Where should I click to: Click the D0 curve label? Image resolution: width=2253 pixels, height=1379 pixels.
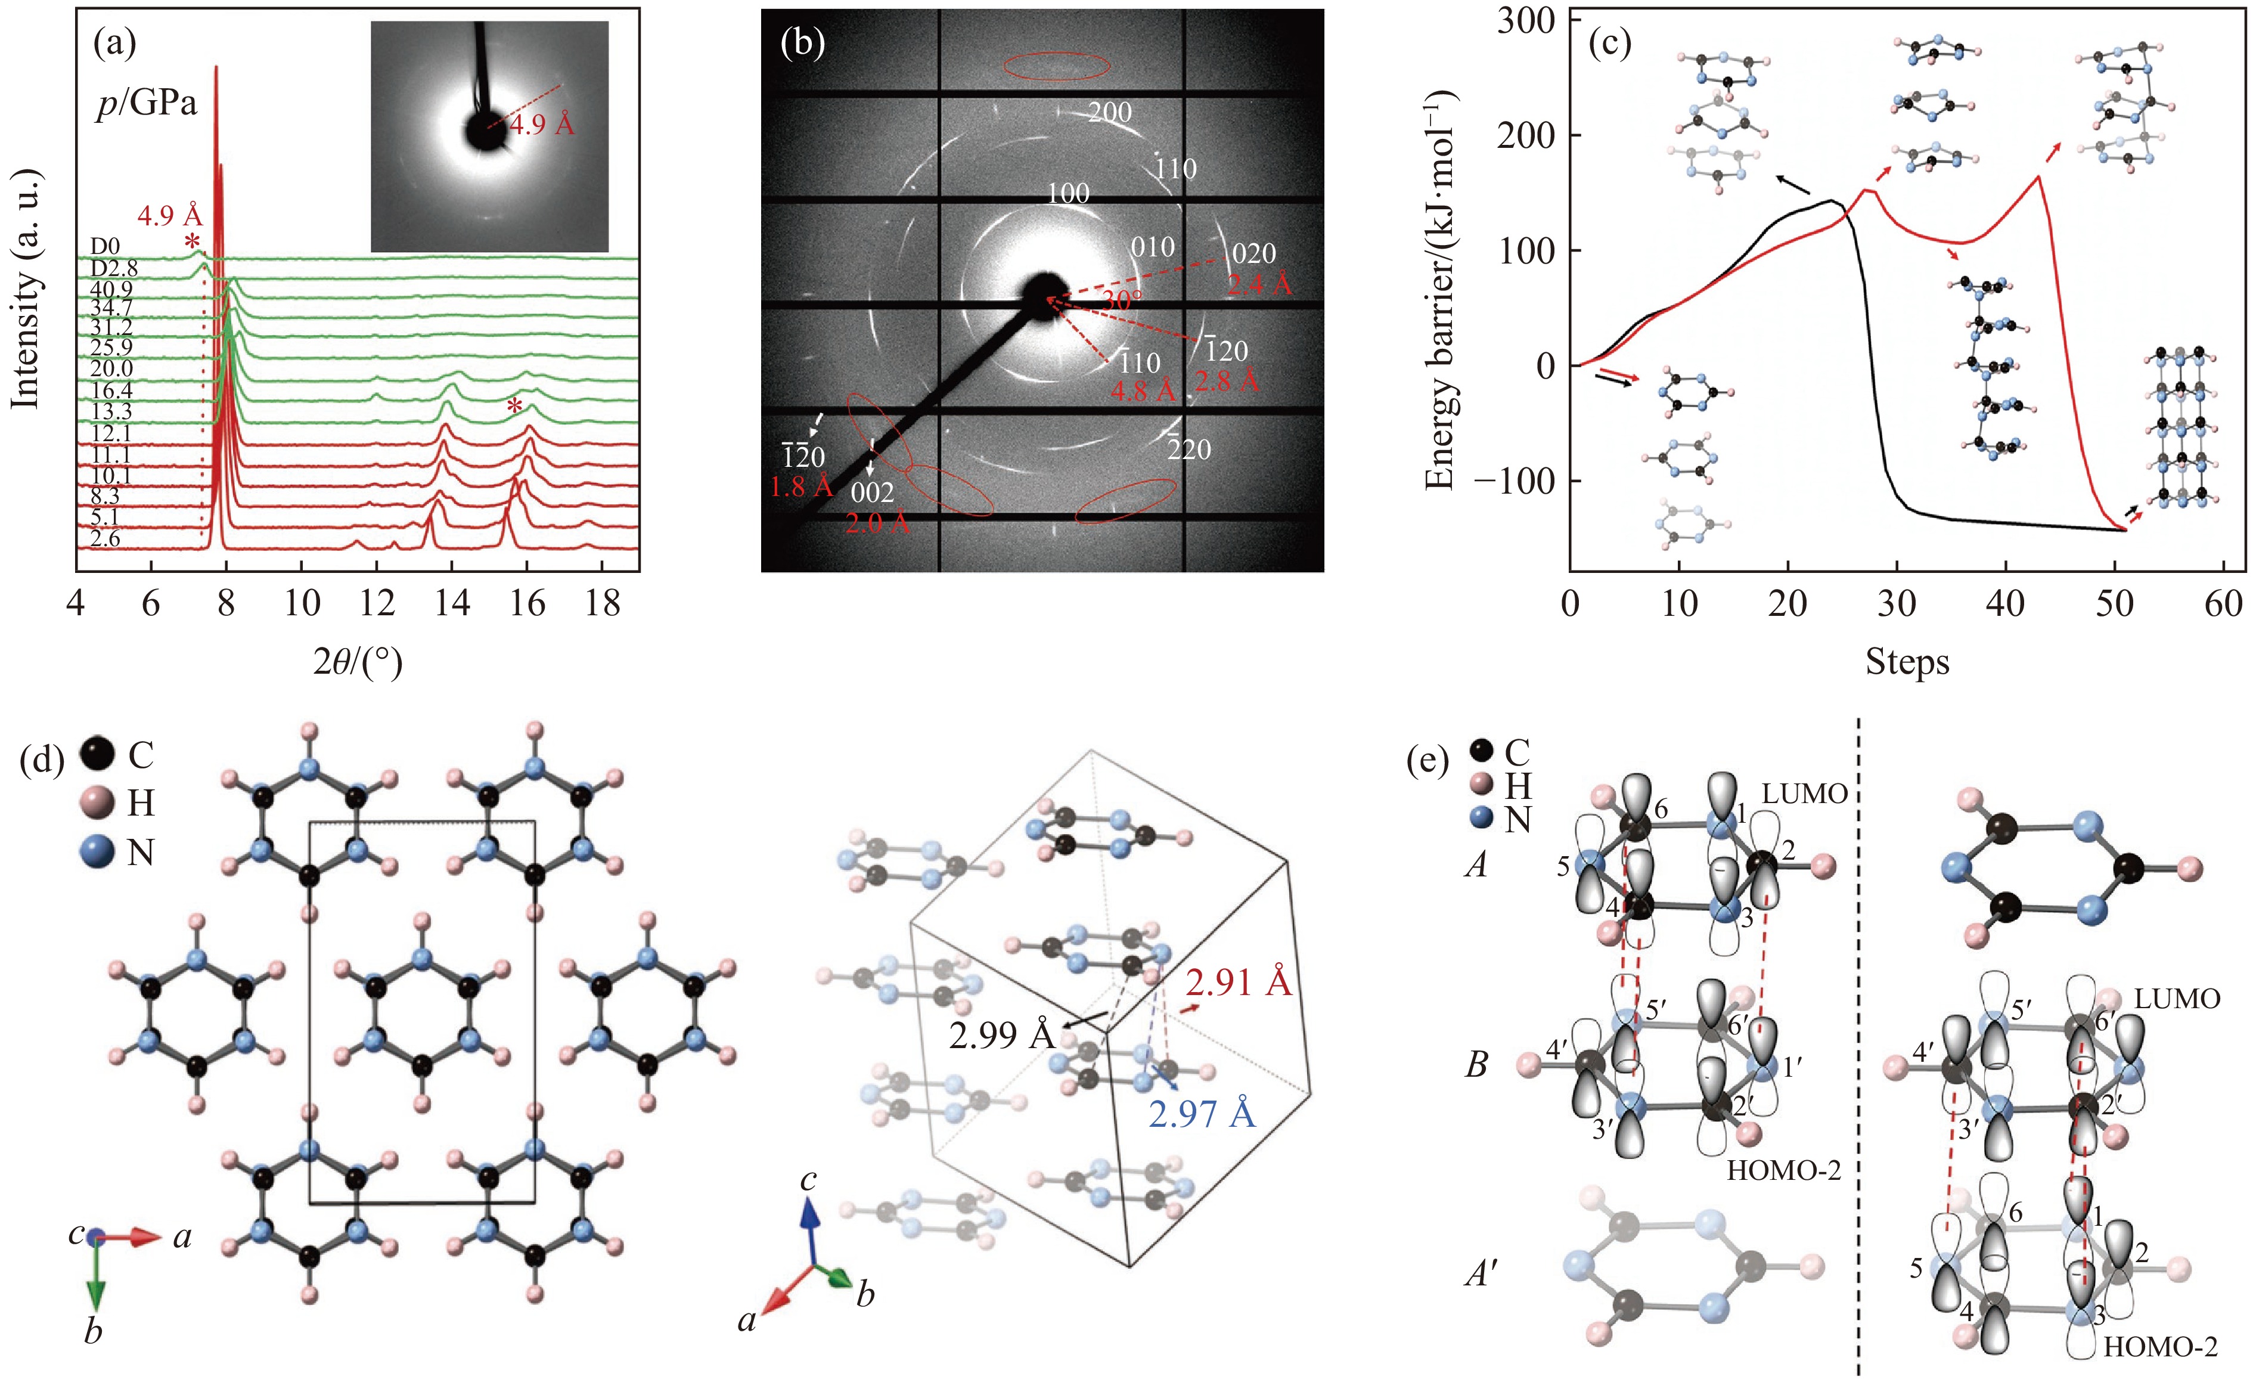coord(105,247)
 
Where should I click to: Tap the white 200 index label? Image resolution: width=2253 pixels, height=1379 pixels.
coord(1110,113)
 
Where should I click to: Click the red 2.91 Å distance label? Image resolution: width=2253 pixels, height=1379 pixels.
coord(1239,983)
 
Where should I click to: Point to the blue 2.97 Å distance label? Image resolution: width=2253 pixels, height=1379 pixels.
coord(1202,1114)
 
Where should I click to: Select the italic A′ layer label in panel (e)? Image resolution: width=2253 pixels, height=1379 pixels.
coord(1481,1272)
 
